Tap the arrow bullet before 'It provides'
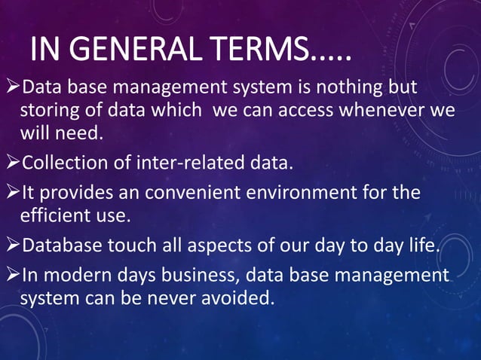(x=11, y=193)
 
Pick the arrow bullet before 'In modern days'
(x=11, y=274)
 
